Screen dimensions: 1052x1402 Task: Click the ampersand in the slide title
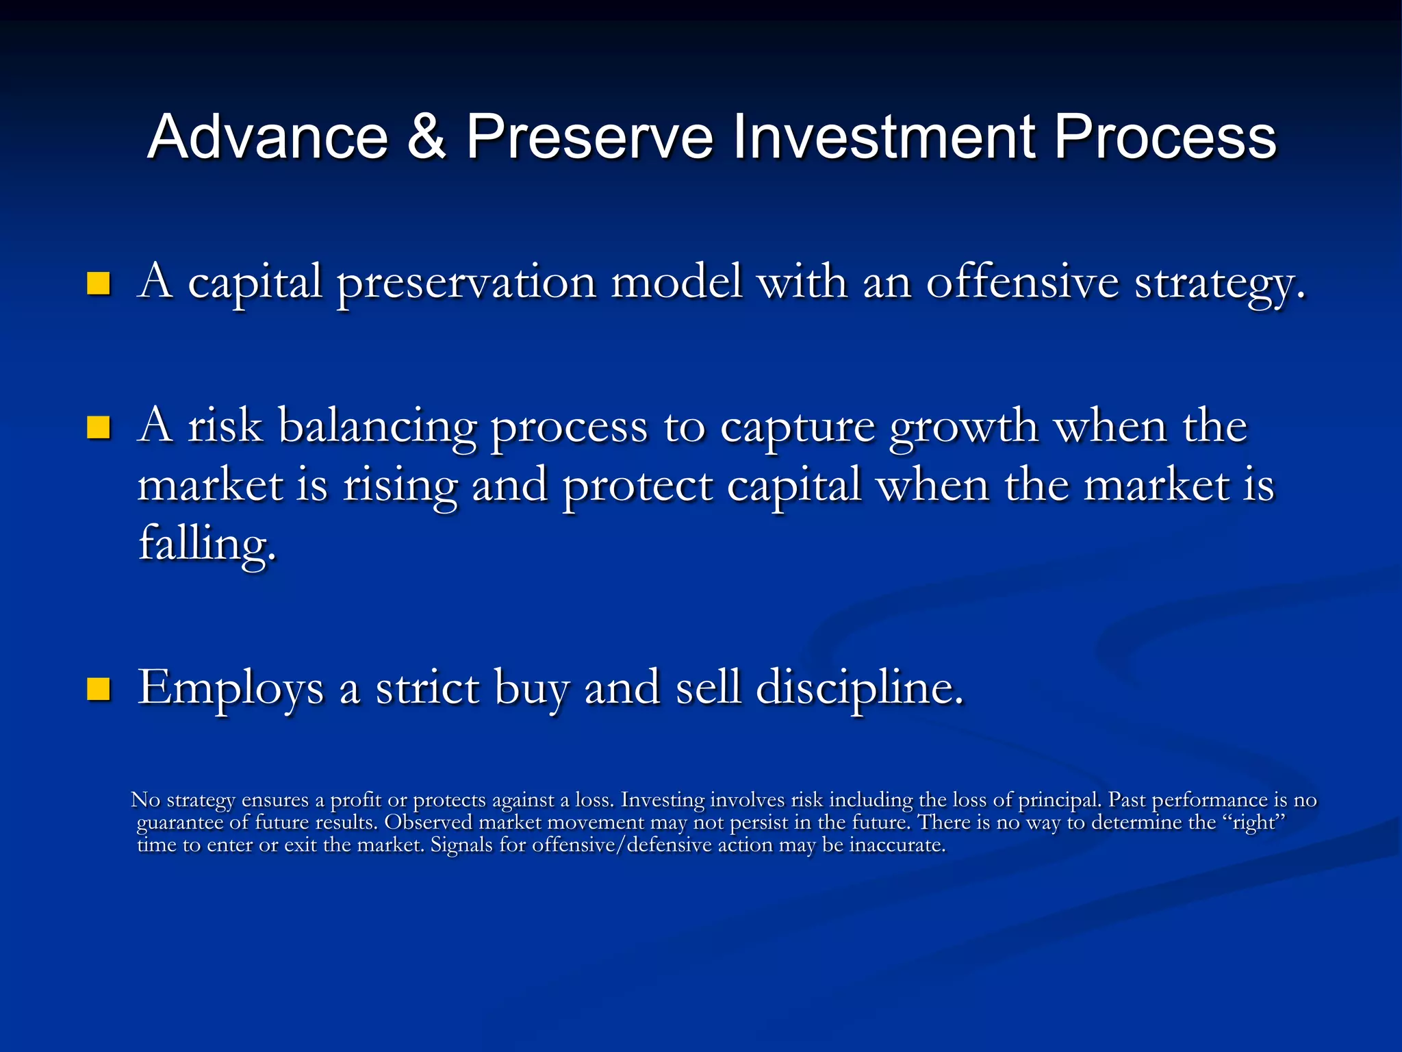pyautogui.click(x=426, y=137)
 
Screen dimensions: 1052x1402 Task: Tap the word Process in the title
pyautogui.click(x=1164, y=137)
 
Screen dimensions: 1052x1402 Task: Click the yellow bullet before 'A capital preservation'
pyautogui.click(x=99, y=284)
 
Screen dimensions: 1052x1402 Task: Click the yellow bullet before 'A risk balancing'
pyautogui.click(x=99, y=427)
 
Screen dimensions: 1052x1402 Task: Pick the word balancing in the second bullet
pyautogui.click(x=377, y=427)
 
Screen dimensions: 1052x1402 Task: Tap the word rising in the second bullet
pyautogui.click(x=400, y=487)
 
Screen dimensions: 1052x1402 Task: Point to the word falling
pyautogui.click(x=207, y=544)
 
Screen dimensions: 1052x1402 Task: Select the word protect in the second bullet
pyautogui.click(x=637, y=487)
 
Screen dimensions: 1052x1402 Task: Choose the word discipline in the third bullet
pyautogui.click(x=859, y=689)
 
